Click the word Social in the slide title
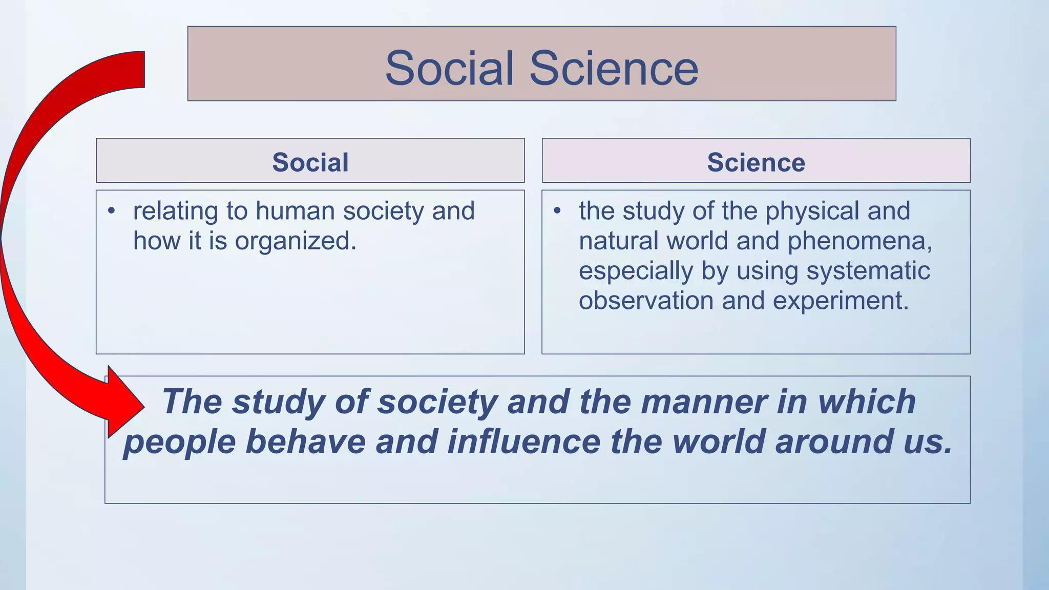click(x=449, y=68)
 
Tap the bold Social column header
click(x=310, y=162)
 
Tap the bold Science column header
click(x=756, y=162)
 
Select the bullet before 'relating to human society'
click(x=112, y=211)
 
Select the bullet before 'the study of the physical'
click(x=557, y=211)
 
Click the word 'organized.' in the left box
click(x=296, y=241)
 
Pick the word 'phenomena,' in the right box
click(x=860, y=241)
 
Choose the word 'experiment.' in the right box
click(x=841, y=301)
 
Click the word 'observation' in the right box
click(x=646, y=301)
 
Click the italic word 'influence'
click(x=523, y=441)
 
